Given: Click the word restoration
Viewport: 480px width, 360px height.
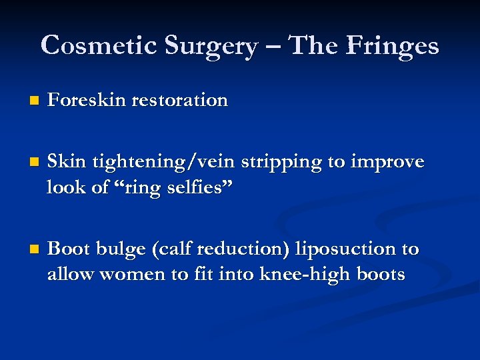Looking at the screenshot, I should click(180, 100).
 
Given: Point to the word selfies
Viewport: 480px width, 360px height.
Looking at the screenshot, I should click(201, 187).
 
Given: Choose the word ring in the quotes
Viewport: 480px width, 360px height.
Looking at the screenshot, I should click(143, 188).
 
